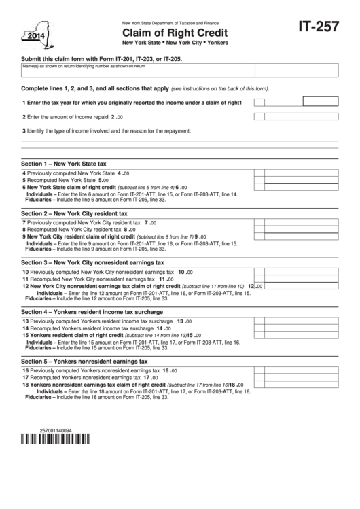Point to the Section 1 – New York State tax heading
(64, 164)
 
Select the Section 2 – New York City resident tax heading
(77, 213)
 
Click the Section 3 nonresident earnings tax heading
(92, 262)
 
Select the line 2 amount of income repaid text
(75, 117)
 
